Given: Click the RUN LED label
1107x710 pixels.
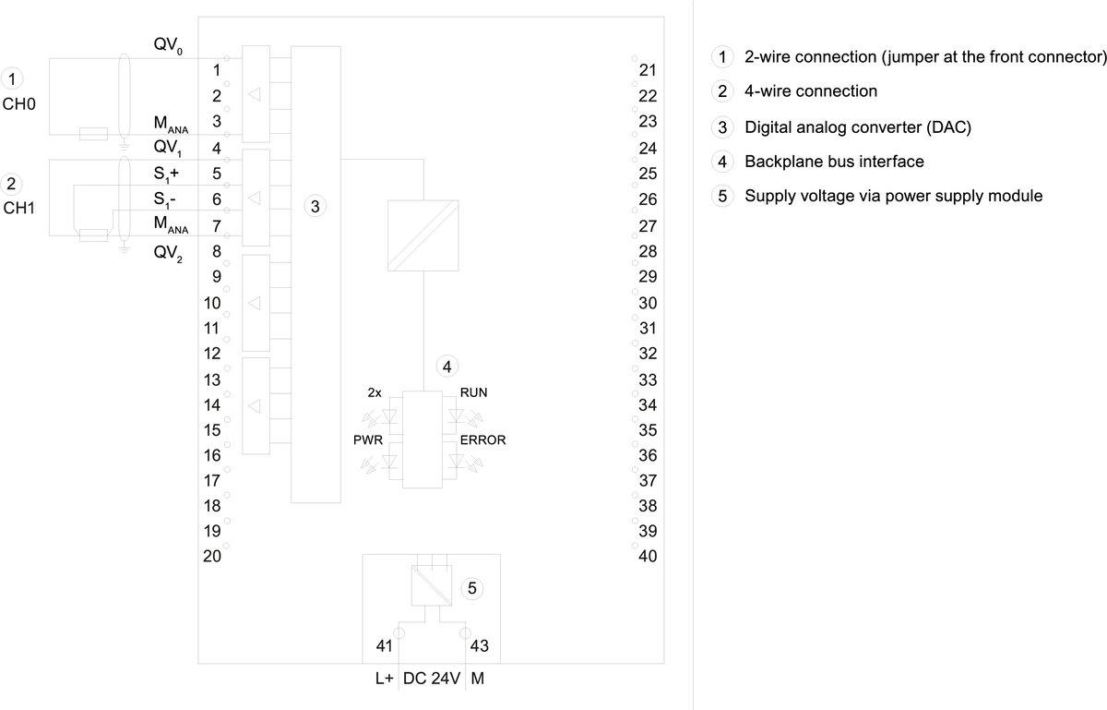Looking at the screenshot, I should pos(473,392).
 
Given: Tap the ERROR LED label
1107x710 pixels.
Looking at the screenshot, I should pos(482,440).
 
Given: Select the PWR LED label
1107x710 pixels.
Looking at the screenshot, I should pos(368,440).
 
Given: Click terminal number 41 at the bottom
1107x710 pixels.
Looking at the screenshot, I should pos(386,646).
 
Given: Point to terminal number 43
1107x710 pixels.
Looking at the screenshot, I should pos(480,646).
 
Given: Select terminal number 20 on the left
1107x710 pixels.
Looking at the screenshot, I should pos(212,556).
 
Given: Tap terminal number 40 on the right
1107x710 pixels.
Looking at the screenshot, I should pos(648,556).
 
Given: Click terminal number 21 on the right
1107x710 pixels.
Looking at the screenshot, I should pos(648,70).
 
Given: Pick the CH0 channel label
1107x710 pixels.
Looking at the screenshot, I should pos(18,104).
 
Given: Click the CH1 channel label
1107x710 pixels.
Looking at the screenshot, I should pos(18,208).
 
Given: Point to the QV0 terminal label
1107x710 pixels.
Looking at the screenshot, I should pos(168,46).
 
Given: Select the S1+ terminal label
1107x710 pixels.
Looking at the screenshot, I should pos(166,174).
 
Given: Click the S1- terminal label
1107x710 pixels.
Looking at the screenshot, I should pos(165,199).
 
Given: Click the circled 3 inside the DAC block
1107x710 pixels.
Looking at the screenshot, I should pos(315,207).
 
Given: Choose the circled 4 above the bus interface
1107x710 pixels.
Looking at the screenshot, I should pos(447,367).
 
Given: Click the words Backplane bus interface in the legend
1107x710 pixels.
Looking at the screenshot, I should pos(834,162).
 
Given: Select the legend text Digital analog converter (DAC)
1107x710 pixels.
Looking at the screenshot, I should pos(858,127).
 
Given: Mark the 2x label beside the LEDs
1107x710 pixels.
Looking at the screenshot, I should pos(375,392).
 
